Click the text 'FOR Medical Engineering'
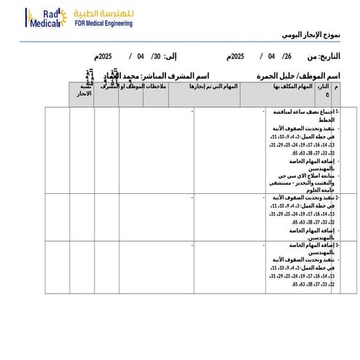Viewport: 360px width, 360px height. (x=103, y=23)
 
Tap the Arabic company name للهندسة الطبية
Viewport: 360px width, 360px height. (x=103, y=13)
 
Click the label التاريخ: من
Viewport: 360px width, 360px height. (x=324, y=56)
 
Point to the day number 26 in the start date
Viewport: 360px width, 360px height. (x=287, y=56)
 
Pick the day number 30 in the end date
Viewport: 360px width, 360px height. (x=154, y=56)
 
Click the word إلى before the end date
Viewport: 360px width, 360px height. (x=171, y=56)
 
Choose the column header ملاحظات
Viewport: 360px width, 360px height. (x=155, y=87)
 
